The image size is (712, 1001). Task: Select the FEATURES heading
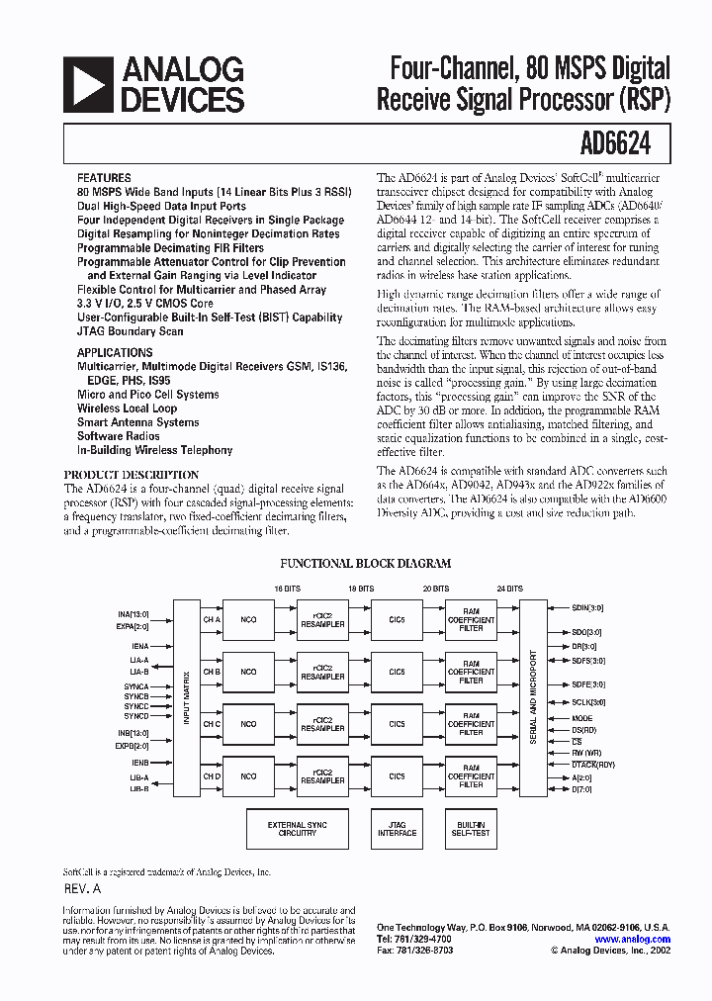click(104, 179)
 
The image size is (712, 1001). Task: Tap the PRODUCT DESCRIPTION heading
click(132, 475)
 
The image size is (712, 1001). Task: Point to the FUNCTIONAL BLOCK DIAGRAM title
click(366, 564)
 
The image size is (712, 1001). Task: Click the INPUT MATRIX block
click(186, 698)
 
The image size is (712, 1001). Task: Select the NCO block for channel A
click(248, 619)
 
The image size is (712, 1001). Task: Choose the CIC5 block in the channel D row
click(397, 776)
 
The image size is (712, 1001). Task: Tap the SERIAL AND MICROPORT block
click(533, 698)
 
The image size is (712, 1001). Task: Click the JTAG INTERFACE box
click(397, 829)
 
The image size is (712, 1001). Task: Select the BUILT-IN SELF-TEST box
click(472, 829)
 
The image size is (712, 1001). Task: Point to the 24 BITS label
click(510, 588)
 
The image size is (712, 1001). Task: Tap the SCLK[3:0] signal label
click(588, 701)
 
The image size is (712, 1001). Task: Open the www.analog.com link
click(633, 940)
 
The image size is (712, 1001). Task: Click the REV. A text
click(83, 889)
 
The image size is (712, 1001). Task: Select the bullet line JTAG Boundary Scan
click(130, 332)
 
